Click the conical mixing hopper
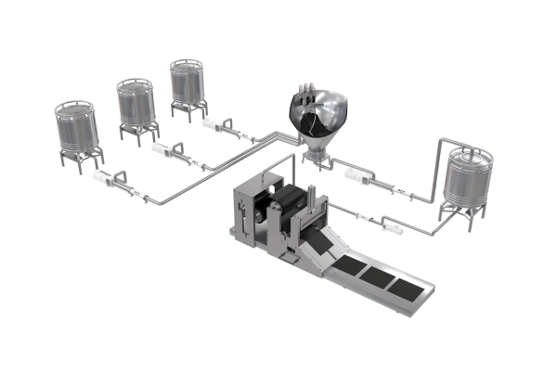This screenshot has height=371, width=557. click(319, 116)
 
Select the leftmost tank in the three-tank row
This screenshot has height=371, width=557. click(75, 129)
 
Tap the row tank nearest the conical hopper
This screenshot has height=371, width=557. click(189, 84)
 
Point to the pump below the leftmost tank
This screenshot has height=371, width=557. click(116, 182)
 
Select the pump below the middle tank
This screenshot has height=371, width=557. click(171, 151)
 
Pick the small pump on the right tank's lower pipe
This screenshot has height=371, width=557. click(390, 223)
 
